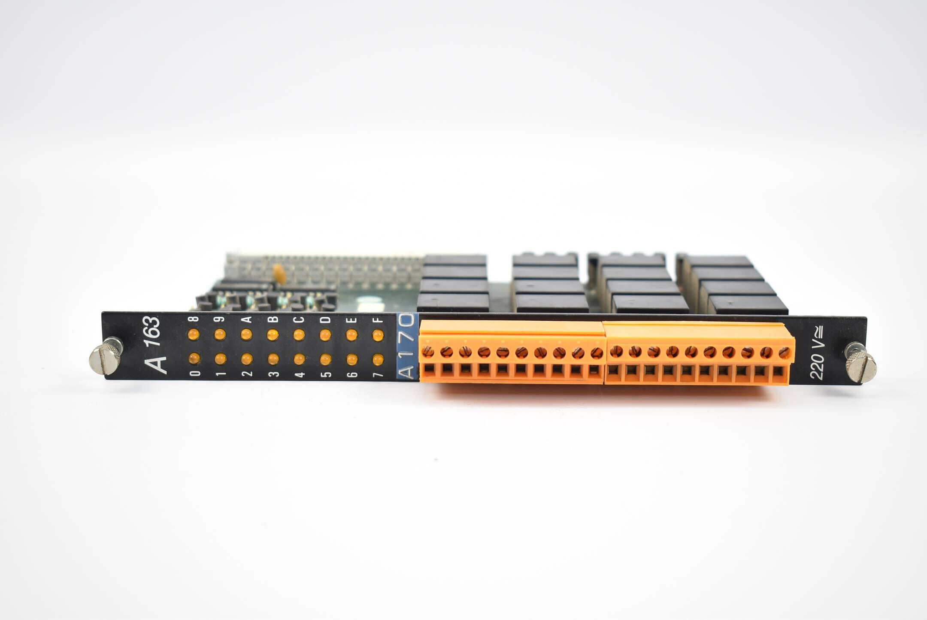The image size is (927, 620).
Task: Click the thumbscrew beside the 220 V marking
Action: tap(860, 365)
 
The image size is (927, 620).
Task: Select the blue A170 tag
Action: tap(407, 346)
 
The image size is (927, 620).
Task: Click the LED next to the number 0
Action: tap(194, 358)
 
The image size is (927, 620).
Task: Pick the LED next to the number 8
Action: tap(194, 334)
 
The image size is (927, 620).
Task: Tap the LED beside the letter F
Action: tap(378, 335)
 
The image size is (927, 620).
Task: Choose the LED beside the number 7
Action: tap(378, 359)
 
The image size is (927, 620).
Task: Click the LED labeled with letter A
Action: tap(246, 334)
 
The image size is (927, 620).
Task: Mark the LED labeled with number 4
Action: tap(300, 359)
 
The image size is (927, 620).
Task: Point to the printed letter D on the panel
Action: tap(325, 320)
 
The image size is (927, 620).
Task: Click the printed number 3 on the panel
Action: tap(273, 374)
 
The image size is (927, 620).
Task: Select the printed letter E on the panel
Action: tap(351, 320)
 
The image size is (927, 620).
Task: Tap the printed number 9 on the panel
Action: tap(220, 319)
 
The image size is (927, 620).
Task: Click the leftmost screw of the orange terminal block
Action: tap(428, 352)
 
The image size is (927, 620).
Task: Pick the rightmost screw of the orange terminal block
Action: tap(784, 353)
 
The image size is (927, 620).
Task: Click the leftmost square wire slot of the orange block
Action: tap(429, 370)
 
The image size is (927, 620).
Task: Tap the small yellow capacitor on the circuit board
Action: tap(279, 271)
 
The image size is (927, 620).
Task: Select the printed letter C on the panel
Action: tap(299, 320)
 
